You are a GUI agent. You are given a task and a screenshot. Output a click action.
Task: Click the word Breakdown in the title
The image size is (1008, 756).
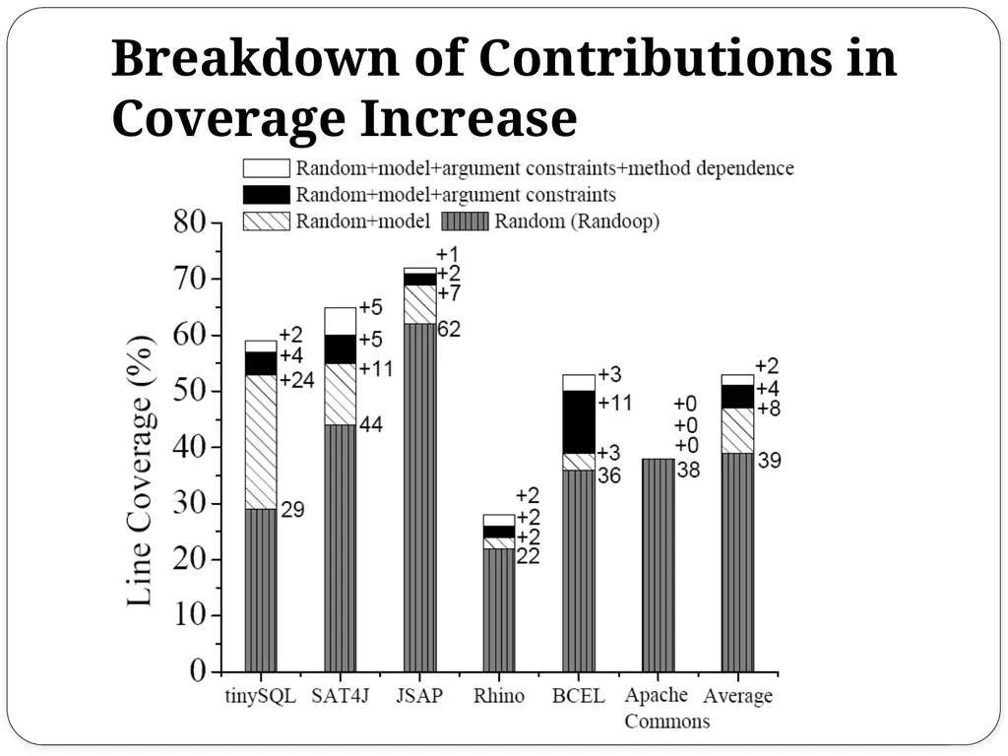point(256,58)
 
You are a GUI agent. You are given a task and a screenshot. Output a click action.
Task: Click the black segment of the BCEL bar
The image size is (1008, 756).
point(579,421)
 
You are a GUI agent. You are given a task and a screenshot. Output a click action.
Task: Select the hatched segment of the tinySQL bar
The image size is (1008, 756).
point(261,442)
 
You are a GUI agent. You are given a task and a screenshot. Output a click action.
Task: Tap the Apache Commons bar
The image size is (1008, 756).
point(658,565)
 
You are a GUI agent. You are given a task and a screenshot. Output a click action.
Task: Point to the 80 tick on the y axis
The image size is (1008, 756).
point(189,222)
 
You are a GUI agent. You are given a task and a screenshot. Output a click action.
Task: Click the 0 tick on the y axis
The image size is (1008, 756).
point(197,671)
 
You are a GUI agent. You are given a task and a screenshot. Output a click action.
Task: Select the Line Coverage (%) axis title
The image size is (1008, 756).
point(140,472)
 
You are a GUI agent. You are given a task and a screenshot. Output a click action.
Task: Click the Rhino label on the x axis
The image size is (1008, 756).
point(499,696)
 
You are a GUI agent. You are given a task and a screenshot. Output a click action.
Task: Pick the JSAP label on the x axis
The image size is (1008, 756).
point(419,696)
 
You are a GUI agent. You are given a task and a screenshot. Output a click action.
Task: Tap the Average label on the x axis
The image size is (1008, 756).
point(737,696)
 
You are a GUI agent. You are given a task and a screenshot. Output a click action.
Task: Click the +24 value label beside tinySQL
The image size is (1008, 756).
point(297,381)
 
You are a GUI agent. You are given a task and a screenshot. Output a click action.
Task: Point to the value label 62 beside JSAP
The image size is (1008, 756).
point(449,329)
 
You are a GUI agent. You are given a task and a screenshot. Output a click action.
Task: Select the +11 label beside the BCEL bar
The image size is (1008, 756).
point(615,403)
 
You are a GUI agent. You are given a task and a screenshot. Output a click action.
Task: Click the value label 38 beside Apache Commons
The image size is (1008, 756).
point(688,470)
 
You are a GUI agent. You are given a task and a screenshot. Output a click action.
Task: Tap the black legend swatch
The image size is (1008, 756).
point(266,194)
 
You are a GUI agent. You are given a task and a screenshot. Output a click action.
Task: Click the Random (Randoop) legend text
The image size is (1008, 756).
point(577,221)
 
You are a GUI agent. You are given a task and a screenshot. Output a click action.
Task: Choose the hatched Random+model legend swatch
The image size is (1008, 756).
point(266,221)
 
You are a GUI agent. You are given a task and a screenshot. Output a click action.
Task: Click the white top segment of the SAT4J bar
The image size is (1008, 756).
point(340,322)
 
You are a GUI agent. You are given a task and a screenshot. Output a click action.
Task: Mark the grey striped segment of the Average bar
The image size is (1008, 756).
point(737,562)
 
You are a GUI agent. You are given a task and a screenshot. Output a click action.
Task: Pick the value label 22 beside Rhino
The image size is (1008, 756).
point(529,556)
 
